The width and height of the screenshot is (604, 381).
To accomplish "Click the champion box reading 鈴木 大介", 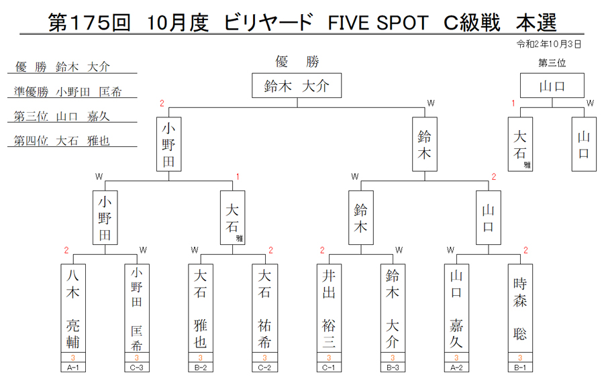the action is pos(297,85).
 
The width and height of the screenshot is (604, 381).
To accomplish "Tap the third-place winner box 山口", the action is pos(552,85).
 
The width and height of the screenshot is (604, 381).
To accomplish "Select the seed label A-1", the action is pos(72,368).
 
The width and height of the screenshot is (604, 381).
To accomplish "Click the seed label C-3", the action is pos(137,368).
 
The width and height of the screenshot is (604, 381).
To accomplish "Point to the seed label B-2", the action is pos(200,368).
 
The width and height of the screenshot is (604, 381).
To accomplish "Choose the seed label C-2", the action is pos(264,368).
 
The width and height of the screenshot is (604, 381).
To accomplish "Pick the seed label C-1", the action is pos(329,368).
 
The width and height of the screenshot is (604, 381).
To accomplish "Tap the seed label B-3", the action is pos(393,368).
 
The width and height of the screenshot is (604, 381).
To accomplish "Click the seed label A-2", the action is pos(456,368).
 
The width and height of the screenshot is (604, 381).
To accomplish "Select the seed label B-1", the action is pos(520,368).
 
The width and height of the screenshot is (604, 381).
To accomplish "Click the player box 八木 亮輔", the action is pos(72,309).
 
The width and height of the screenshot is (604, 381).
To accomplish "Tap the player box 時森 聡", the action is pos(520,309).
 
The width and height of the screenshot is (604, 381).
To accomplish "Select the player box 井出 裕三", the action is pos(329,309).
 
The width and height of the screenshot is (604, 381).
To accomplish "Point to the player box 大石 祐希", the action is pos(264,309).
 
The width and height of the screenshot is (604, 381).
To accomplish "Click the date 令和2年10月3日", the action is pos(548,44).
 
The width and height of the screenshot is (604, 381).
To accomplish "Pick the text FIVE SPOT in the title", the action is pos(378,23).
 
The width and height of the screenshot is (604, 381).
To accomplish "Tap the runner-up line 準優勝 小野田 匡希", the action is pos(68,92).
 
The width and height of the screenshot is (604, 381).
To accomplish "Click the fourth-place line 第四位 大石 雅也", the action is pos(62,140).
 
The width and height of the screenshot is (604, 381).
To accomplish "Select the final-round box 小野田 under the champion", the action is pos(168,144).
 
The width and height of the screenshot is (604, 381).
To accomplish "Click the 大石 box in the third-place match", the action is pos(520,144).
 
